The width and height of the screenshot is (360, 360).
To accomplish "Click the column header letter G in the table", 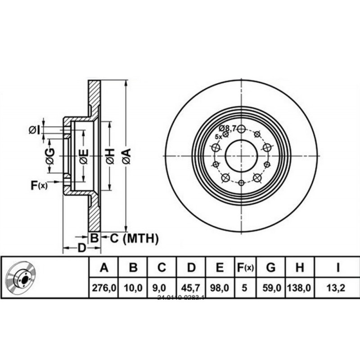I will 270,268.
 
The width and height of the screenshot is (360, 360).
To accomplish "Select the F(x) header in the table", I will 245,268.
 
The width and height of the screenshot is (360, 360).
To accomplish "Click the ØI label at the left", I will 34,130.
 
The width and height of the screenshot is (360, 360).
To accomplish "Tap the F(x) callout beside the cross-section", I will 39,184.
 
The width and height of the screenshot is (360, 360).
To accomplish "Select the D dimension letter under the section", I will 81,247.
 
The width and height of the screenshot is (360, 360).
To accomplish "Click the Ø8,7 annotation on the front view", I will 228,128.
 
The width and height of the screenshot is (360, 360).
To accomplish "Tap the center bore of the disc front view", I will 241,156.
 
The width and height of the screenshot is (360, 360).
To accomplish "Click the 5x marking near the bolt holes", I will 218,136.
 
